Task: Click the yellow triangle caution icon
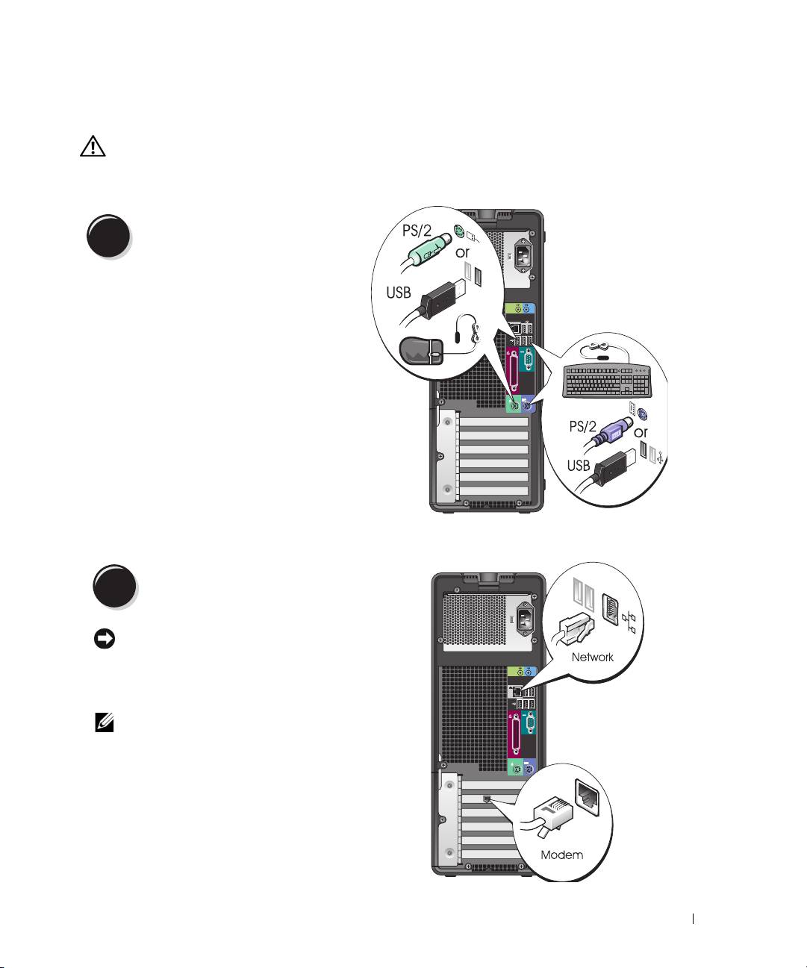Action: point(93,146)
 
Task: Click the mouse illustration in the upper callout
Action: point(423,350)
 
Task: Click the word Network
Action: point(592,658)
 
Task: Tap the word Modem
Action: point(561,855)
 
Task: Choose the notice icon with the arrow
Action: point(105,640)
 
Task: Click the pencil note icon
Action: point(105,722)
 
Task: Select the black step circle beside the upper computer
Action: point(108,237)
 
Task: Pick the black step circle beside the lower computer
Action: point(114,587)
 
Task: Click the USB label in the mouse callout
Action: point(399,292)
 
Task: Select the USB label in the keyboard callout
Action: point(579,465)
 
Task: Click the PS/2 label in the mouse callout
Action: point(417,231)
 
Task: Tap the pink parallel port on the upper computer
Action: point(513,374)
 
